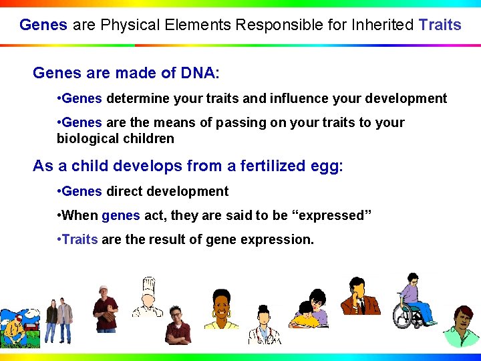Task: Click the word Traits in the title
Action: coord(440,25)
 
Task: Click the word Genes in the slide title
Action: coord(43,25)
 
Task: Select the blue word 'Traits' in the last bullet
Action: coord(79,239)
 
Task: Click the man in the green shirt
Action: coord(462,328)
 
